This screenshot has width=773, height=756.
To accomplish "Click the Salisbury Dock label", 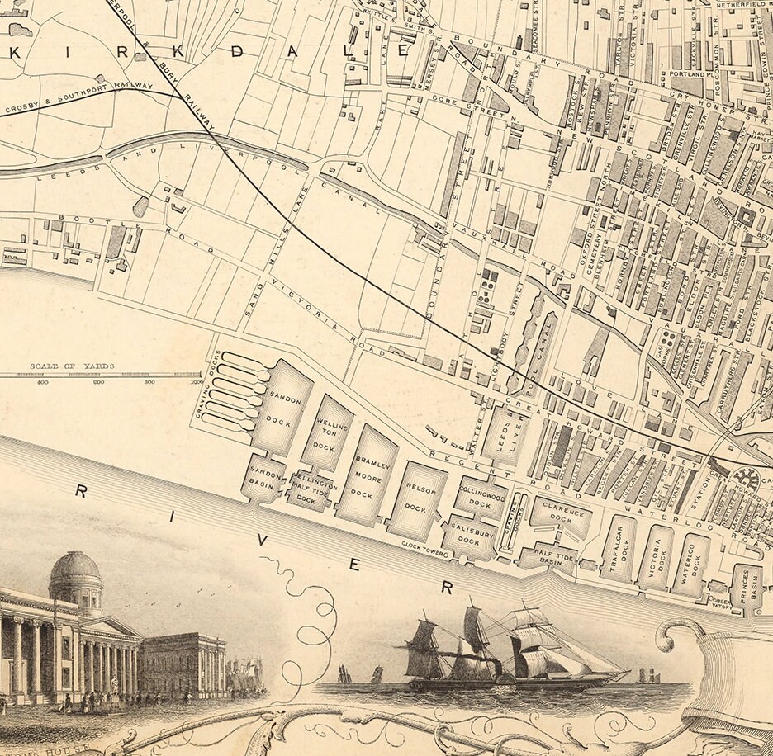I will tap(468, 536).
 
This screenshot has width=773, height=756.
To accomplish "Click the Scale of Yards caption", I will tap(72, 366).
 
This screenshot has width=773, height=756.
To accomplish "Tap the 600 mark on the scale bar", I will tap(98, 382).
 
